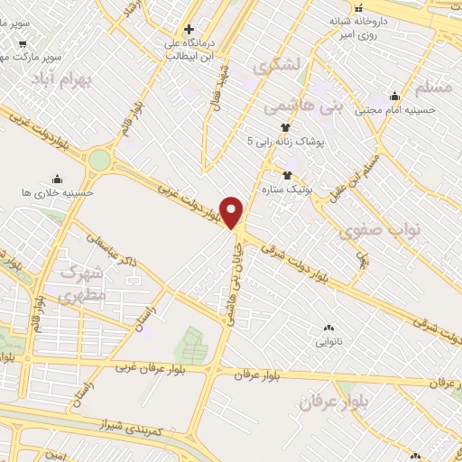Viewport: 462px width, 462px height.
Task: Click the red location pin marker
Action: (x=232, y=212)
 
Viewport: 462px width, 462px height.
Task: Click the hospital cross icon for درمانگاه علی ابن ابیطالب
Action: (x=189, y=27)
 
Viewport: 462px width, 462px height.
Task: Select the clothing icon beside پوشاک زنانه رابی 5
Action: (x=285, y=127)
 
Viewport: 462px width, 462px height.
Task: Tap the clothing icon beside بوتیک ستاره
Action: (x=287, y=175)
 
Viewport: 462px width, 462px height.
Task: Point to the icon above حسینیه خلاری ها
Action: (x=58, y=179)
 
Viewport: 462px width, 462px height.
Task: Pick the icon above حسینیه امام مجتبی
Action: (x=394, y=97)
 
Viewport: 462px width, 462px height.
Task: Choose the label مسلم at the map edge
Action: (x=438, y=88)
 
